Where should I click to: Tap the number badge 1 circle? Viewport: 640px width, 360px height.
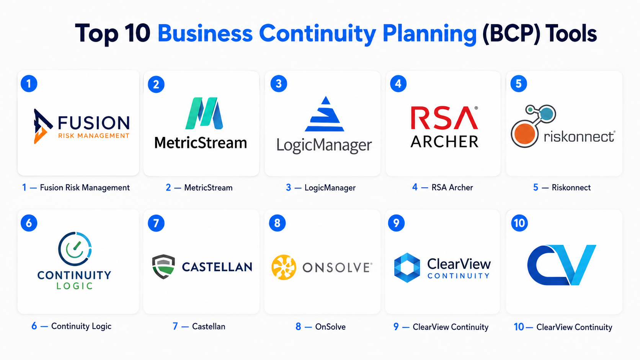(29, 84)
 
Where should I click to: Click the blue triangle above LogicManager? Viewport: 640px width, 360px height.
(325, 114)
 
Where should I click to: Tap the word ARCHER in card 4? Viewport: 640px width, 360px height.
(444, 142)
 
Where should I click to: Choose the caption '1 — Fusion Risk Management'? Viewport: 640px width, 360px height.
(76, 187)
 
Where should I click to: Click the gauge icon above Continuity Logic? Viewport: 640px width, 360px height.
(75, 249)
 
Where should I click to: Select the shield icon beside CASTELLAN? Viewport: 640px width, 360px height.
(163, 266)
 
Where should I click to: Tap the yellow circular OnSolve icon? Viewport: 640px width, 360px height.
(284, 267)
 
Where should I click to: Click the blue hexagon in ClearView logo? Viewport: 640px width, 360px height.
(407, 267)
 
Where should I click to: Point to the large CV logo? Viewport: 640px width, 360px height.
(562, 265)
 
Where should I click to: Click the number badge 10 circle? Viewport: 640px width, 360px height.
(519, 223)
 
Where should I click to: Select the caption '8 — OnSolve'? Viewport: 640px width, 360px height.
(320, 327)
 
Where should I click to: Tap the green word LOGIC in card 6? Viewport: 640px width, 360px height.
(75, 286)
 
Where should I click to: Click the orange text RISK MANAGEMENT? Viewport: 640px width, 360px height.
(94, 135)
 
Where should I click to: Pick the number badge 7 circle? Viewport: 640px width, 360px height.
(156, 223)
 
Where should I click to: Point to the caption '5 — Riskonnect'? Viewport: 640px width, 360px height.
(562, 187)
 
